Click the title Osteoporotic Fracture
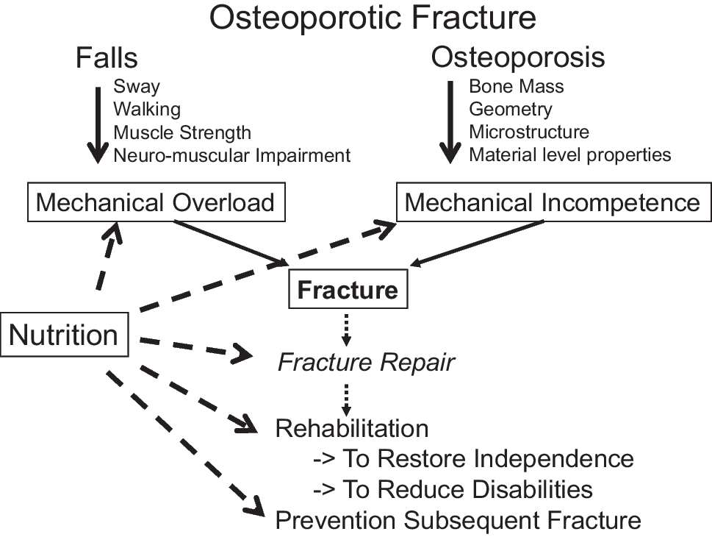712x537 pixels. tap(373, 18)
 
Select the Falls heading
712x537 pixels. tap(107, 57)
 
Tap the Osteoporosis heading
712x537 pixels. tap(518, 57)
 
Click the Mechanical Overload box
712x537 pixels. tap(154, 202)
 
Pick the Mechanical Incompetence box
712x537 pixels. tap(553, 202)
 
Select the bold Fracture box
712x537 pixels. tap(348, 290)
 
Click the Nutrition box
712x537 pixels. tap(64, 335)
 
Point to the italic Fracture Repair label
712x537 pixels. tap(365, 363)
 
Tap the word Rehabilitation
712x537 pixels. tap(351, 428)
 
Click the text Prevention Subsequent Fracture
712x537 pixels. tap(458, 521)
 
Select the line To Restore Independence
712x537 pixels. tap(473, 459)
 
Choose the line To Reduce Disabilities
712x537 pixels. tap(453, 489)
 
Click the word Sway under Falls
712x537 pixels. tap(136, 86)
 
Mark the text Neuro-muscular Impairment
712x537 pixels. tap(231, 155)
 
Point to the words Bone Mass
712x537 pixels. tap(516, 86)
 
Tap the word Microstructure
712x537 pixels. tap(528, 132)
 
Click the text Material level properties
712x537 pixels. tap(569, 155)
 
